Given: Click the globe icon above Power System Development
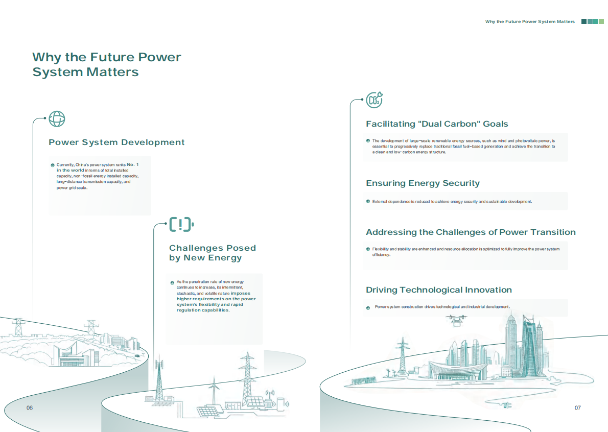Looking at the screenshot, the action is [x=57, y=119].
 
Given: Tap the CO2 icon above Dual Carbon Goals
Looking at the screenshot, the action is [x=374, y=100].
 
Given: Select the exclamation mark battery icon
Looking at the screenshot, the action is [x=181, y=224].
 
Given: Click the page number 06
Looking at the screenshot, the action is [x=30, y=407].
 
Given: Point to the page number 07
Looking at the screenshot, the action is [x=578, y=407].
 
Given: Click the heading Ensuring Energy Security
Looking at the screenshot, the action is [x=423, y=183].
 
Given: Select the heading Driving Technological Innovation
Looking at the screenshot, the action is [x=439, y=290].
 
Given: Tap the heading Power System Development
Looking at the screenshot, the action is [x=116, y=142].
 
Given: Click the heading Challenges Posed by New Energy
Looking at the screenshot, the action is [x=213, y=253].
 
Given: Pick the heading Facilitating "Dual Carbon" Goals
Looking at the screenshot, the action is [x=437, y=124].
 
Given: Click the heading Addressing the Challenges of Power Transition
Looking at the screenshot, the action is [x=471, y=232].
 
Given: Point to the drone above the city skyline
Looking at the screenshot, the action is [x=456, y=320].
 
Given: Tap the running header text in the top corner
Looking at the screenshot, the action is [x=530, y=21].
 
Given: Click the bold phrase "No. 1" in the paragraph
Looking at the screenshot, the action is [x=133, y=164].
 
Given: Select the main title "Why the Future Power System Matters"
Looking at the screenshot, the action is [x=107, y=64].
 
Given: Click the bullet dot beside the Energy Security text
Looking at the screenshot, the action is [x=368, y=202].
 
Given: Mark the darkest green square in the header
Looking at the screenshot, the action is [x=584, y=21].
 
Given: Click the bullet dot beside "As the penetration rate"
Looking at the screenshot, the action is [x=172, y=283].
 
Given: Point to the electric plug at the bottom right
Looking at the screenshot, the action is [x=506, y=405].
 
